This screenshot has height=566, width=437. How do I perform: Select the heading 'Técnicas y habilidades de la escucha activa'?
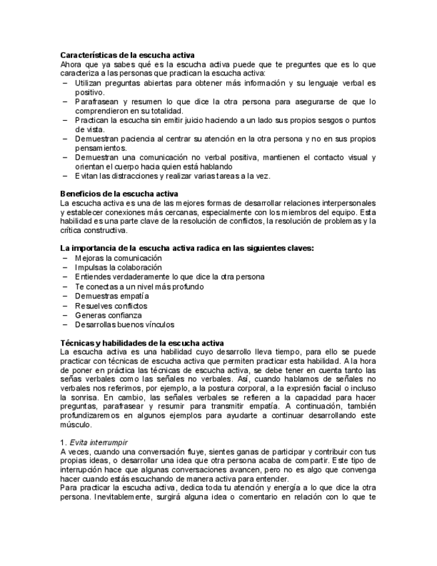coord(142,342)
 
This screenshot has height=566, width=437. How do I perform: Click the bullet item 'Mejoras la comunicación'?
coord(118,258)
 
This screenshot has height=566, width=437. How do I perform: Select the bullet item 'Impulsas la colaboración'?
coord(118,267)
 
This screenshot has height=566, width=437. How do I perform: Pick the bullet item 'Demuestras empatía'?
coord(111,296)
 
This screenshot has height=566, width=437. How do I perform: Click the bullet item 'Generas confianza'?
coord(108,314)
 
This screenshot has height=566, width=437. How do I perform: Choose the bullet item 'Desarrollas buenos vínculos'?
coord(124,324)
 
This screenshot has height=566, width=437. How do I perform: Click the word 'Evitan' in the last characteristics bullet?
coord(86,176)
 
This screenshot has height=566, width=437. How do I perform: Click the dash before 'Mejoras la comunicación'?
coord(65,258)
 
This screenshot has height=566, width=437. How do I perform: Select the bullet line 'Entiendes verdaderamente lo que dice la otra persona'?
coord(169,276)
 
